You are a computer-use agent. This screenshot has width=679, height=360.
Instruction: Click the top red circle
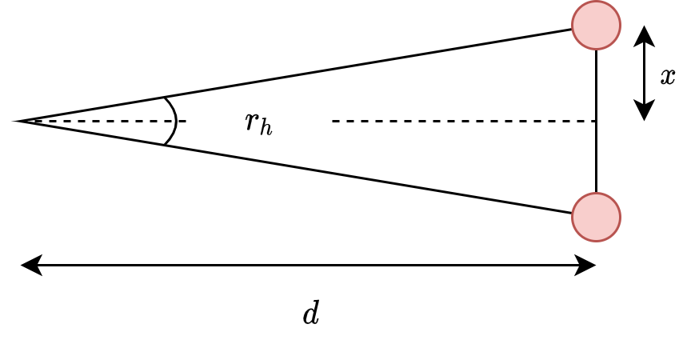[596, 25]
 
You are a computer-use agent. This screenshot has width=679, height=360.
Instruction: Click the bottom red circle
[596, 217]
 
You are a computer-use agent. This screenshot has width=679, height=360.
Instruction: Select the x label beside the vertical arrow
[668, 76]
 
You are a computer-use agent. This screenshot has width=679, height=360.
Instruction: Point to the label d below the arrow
[311, 314]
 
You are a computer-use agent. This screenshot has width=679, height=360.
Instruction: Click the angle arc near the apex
[174, 121]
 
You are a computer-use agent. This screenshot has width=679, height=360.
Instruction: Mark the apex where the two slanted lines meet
[18, 121]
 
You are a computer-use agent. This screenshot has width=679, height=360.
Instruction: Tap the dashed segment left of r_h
[104, 121]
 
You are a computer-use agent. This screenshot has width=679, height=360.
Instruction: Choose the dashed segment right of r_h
[464, 121]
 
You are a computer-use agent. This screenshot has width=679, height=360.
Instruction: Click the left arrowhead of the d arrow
[30, 265]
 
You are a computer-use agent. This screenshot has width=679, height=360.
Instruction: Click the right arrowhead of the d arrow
[587, 265]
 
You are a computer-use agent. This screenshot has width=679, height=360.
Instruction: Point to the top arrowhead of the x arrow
[645, 34]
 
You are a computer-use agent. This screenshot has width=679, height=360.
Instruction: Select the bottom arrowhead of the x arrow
[645, 111]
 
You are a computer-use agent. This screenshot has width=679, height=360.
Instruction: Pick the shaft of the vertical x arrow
[645, 73]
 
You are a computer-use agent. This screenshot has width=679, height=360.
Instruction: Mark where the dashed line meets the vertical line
[596, 121]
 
